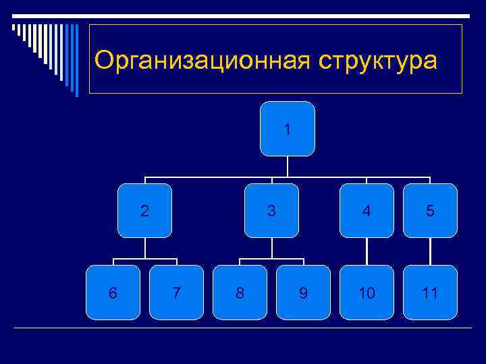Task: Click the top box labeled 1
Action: point(288,129)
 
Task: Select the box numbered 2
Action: point(144,210)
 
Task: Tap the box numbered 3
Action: point(271,210)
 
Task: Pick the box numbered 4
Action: point(367,210)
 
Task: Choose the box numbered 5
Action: point(430,210)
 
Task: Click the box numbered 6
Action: point(113,292)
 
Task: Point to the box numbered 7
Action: point(176,292)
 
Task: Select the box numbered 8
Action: point(240,292)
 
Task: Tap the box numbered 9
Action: point(303,292)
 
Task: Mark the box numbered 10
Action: point(367,292)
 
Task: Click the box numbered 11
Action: point(430,292)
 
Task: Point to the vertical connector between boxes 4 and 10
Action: point(367,251)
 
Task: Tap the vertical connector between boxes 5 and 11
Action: point(430,251)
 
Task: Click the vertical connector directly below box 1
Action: point(288,166)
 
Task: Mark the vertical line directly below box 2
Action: point(144,248)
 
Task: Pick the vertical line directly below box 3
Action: point(271,248)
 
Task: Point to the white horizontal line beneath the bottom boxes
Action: point(243,328)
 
